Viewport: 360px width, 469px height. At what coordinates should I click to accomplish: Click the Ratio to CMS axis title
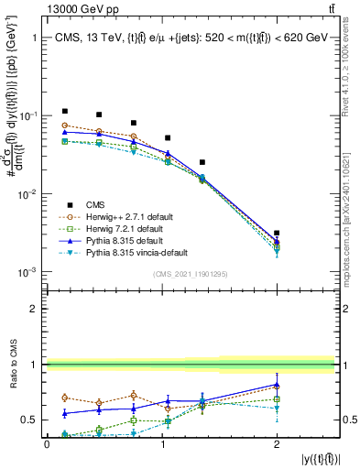coord(12,362)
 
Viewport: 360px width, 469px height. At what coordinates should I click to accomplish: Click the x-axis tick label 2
coord(277,443)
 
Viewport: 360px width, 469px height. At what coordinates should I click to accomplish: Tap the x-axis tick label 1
coord(161,443)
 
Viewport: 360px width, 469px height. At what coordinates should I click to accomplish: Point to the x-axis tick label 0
coord(47,443)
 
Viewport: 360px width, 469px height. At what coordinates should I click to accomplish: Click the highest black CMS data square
coord(64,111)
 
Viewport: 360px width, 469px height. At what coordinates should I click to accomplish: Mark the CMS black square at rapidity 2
coord(277,234)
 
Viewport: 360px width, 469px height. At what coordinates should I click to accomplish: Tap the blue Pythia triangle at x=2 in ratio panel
coord(277,386)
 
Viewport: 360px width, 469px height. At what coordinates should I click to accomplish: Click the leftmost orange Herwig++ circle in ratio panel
coord(64,398)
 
